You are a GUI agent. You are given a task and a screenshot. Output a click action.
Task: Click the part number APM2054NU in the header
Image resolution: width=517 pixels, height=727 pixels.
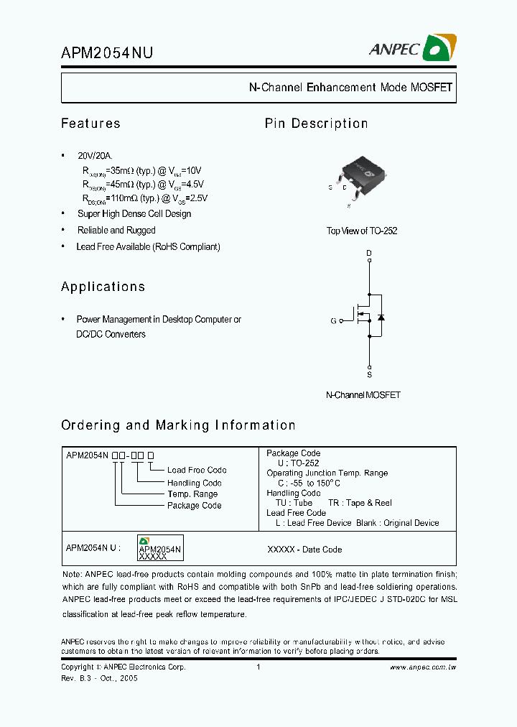click(x=107, y=52)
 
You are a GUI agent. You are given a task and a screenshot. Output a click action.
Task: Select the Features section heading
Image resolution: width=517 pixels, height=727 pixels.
click(x=90, y=124)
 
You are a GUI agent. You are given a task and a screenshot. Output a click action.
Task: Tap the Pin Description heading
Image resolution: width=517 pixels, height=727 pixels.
click(x=316, y=124)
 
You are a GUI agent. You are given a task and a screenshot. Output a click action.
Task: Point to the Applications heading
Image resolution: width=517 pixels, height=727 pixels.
click(x=103, y=287)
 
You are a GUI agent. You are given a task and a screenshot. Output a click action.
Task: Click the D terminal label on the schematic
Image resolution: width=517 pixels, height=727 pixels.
click(x=369, y=254)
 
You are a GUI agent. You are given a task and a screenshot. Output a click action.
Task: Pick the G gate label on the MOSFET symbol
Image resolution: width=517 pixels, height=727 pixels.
click(x=333, y=320)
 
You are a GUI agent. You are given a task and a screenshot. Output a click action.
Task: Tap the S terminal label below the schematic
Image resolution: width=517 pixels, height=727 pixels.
click(x=369, y=374)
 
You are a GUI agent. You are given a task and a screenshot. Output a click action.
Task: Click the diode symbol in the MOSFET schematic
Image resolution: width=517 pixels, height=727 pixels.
click(x=381, y=317)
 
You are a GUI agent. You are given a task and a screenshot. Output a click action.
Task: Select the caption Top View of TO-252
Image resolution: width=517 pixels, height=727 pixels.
click(x=362, y=231)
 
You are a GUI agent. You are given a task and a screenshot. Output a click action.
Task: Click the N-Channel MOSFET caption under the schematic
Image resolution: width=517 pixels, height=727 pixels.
click(x=363, y=395)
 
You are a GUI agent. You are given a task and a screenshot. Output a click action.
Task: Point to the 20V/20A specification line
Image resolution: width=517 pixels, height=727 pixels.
click(x=96, y=156)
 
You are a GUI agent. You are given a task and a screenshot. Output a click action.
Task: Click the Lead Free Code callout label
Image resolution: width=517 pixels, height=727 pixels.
click(x=197, y=471)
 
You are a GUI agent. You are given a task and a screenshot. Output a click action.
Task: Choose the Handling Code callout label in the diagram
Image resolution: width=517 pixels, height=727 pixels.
click(x=194, y=483)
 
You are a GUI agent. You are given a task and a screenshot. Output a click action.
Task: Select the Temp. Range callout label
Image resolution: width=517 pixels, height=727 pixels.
click(x=192, y=494)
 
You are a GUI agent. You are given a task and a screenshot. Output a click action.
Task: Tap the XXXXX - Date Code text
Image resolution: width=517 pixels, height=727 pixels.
click(x=304, y=550)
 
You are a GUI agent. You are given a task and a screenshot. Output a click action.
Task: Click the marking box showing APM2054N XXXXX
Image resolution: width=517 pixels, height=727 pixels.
click(x=159, y=548)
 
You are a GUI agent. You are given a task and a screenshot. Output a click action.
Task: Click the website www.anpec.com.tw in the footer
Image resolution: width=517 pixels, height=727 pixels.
click(x=423, y=667)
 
